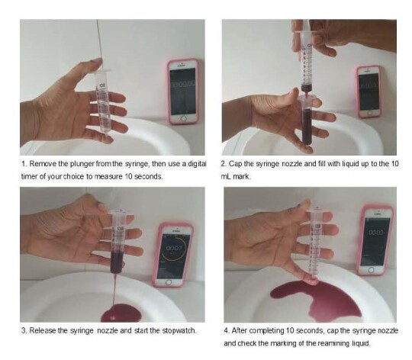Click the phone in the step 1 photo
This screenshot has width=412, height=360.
pos(183,92)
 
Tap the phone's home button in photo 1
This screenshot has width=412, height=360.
pos(183,119)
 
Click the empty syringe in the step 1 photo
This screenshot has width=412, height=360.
pos(103,102)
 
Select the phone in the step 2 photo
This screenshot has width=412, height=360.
pos(369,92)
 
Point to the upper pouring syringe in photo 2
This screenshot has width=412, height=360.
pos(306,61)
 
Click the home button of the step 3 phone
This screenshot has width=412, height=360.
pos(169,282)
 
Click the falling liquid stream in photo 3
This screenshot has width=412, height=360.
pos(114,289)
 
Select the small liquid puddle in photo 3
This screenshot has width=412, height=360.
pos(121,313)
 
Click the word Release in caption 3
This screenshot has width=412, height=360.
pos(43,330)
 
